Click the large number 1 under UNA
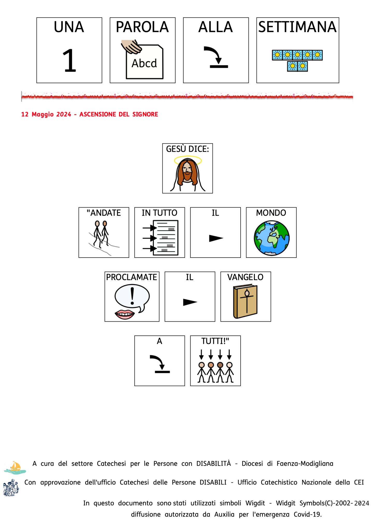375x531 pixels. pos(69,60)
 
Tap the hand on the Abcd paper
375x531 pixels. pos(131,46)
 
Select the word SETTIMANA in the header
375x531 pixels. pos(297,27)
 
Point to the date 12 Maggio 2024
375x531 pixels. pos(46,114)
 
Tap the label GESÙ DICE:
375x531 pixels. pos(187,149)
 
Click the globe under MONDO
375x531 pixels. pos(271,238)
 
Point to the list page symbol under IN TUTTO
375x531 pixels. pos(165,238)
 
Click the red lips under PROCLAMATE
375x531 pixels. pos(125,314)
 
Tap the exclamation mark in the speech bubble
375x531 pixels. pos(132,296)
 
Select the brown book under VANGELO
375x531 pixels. pos(245,301)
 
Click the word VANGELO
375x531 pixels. pos(245,277)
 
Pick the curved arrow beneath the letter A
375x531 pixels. pos(160,364)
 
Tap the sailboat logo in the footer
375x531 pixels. pos(15,467)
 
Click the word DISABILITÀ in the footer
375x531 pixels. pos(213,464)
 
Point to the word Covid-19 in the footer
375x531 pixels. pos(307,514)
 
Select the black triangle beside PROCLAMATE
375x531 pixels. pos(190,302)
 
